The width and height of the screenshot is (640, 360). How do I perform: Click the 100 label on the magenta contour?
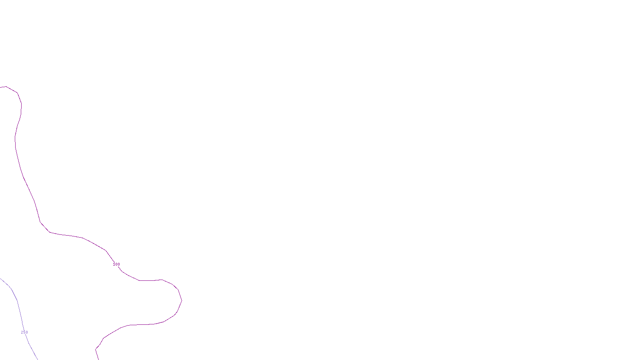click(x=116, y=264)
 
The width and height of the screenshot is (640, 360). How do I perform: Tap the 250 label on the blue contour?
click(x=24, y=332)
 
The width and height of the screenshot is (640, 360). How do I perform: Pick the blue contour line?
click(x=18, y=302)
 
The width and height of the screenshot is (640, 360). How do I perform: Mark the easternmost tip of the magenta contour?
click(x=182, y=301)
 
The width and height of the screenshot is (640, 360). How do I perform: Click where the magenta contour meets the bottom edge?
click(x=98, y=359)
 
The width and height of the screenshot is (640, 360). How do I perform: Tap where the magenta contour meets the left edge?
click(x=0, y=87)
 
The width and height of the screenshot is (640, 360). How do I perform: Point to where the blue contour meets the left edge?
click(x=0, y=278)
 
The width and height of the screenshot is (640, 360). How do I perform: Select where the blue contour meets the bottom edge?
click(x=38, y=359)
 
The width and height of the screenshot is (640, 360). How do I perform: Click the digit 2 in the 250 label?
click(x=22, y=332)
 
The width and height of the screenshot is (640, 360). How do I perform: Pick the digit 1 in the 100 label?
click(x=114, y=264)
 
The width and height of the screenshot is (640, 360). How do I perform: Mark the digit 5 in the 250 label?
click(x=24, y=332)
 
